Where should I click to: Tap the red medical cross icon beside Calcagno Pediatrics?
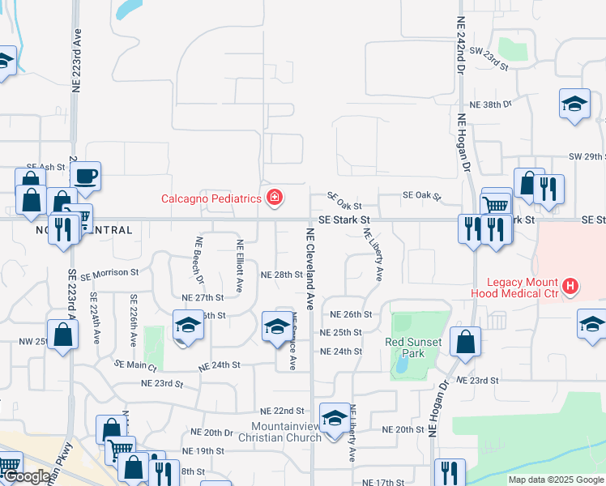coord(275,198)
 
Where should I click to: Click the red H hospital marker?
coord(571,286)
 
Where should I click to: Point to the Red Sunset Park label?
coord(413,347)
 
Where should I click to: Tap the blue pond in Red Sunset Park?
coord(401,366)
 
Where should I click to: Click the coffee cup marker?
coord(85,176)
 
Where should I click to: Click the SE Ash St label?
coord(50,167)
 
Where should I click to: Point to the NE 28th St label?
coord(281,275)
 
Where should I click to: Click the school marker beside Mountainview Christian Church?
coord(334,418)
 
